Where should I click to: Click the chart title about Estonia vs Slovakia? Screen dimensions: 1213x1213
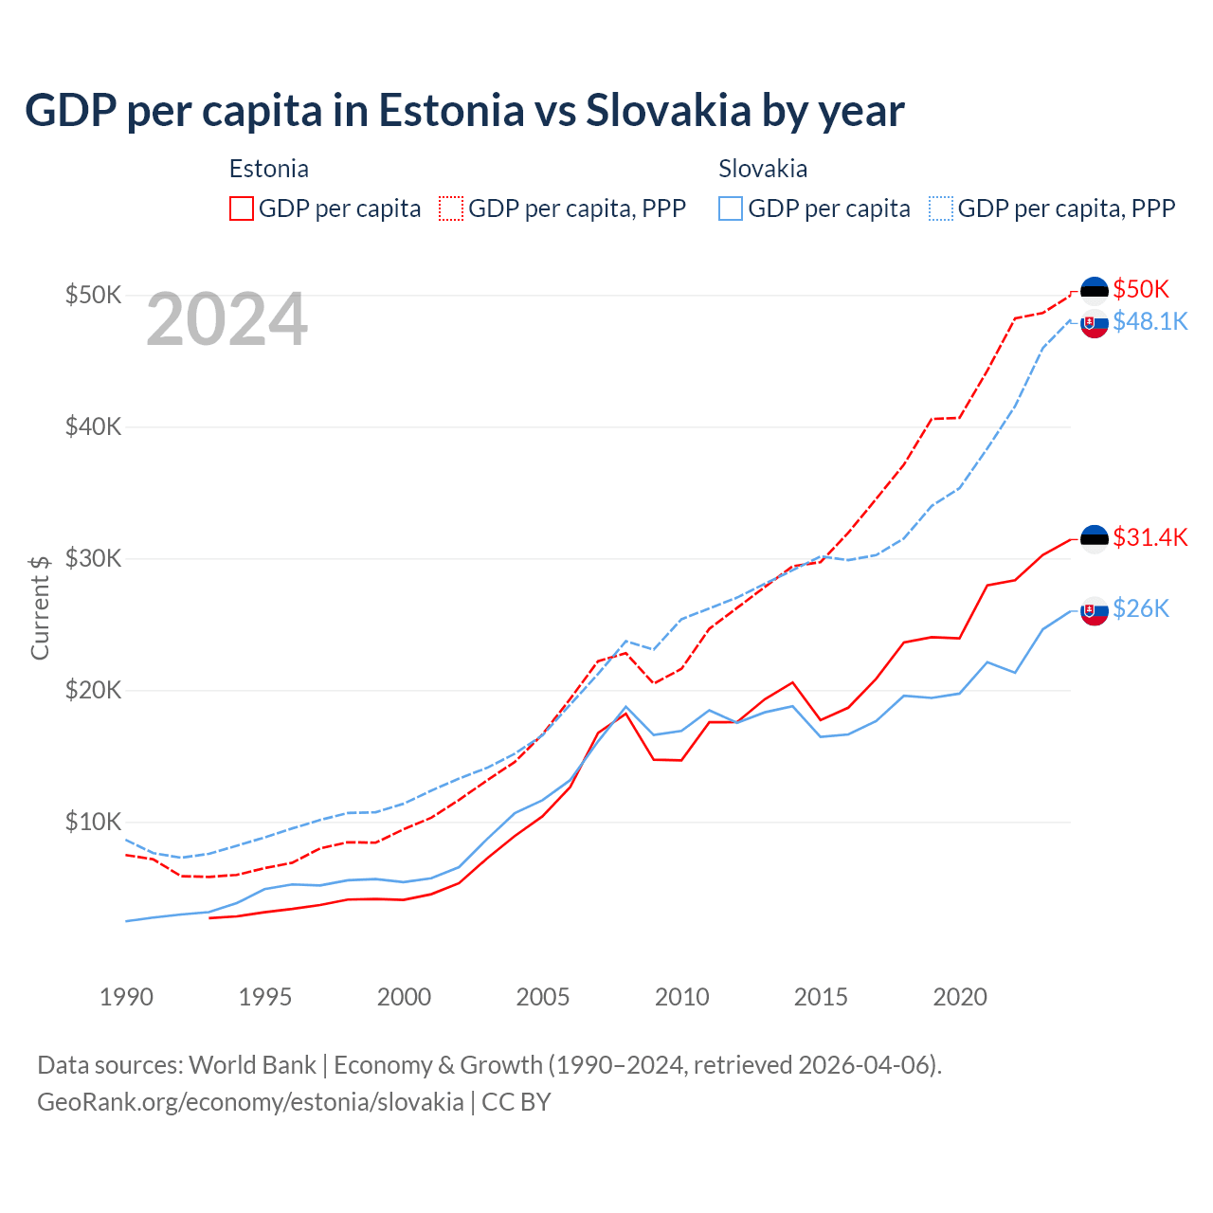click(x=464, y=111)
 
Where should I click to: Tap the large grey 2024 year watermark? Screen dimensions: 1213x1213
click(x=226, y=320)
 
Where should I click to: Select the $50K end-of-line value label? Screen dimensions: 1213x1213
click(x=1141, y=289)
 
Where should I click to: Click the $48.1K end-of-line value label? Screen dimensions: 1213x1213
click(x=1150, y=322)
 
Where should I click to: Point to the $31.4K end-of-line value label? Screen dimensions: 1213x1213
click(x=1150, y=538)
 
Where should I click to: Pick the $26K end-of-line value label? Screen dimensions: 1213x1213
click(x=1141, y=608)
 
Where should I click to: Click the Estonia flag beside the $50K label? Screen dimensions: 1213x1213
click(x=1095, y=290)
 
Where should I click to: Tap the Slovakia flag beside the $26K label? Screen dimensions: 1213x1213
click(x=1095, y=612)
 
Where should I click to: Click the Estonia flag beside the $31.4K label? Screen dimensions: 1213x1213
click(x=1095, y=539)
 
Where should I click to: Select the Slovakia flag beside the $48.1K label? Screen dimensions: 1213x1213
click(x=1095, y=323)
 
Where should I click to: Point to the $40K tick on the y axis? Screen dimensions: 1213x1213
click(x=94, y=426)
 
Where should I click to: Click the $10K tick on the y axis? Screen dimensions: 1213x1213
click(x=94, y=822)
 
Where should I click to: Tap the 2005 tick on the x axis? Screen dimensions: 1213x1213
click(x=543, y=997)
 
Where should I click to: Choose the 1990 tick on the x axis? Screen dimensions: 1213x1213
click(x=126, y=997)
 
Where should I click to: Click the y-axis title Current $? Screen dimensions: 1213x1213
click(x=40, y=607)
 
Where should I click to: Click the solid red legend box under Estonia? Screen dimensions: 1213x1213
click(x=242, y=208)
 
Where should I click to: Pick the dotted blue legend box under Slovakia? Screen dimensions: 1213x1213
click(x=941, y=208)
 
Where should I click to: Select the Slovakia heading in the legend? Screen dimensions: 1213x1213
click(x=763, y=169)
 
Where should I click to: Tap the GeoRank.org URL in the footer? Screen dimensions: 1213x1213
click(x=250, y=1102)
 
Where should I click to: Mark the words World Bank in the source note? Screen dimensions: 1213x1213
click(x=252, y=1065)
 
